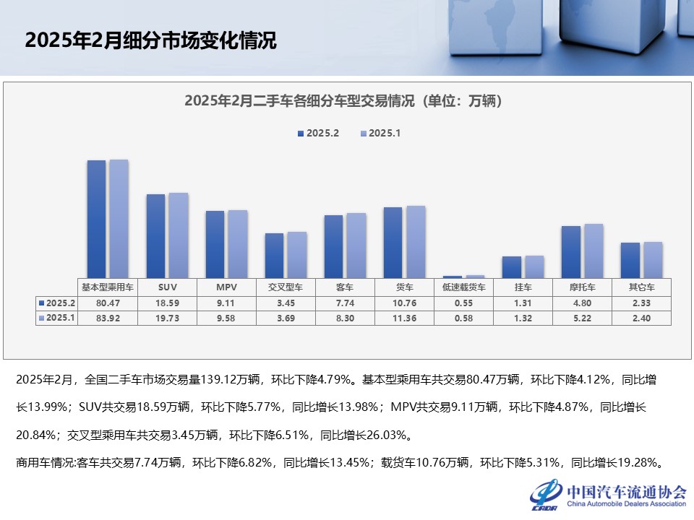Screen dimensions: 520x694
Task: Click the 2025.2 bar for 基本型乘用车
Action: click(96, 218)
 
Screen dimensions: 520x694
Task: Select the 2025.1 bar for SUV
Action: click(178, 235)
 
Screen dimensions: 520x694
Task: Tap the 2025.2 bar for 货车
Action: click(393, 242)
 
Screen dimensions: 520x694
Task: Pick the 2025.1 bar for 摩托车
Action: click(594, 251)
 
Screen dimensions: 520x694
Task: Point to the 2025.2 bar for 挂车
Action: click(511, 266)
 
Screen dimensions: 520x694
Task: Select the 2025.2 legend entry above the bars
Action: click(317, 134)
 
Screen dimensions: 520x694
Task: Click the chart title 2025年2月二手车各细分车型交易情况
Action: click(343, 100)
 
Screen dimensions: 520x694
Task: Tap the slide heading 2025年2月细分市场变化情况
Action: click(150, 40)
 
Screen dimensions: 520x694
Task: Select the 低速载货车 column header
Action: click(463, 287)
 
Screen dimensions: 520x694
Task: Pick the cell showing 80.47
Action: click(108, 303)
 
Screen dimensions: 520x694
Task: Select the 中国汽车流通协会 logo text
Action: click(626, 491)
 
